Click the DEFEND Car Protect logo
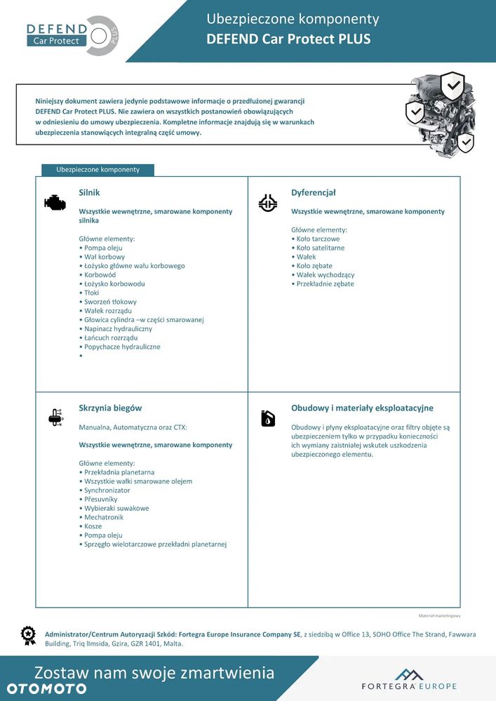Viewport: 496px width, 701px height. (x=72, y=34)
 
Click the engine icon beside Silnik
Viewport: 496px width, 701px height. (x=55, y=203)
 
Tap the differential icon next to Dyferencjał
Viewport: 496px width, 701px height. (x=268, y=203)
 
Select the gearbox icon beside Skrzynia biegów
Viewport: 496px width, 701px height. (x=55, y=418)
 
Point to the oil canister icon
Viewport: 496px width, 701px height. (x=268, y=418)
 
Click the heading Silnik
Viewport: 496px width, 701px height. (x=90, y=192)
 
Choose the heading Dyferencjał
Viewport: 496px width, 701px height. (x=314, y=192)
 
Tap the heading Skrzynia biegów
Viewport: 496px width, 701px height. (x=111, y=408)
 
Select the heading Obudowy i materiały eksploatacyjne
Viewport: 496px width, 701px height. (x=362, y=408)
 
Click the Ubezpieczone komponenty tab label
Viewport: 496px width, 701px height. (x=98, y=170)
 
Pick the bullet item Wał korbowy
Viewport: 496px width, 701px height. (x=104, y=257)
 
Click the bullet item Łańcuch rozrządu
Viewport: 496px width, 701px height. (x=110, y=338)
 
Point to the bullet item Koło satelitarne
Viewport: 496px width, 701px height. (x=320, y=248)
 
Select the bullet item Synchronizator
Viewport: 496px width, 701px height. (x=107, y=490)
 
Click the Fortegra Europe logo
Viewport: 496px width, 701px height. (x=409, y=679)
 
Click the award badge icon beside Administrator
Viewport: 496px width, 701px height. (x=28, y=635)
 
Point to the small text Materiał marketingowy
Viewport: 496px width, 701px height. (x=439, y=615)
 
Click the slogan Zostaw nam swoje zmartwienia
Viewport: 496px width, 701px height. (x=154, y=673)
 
